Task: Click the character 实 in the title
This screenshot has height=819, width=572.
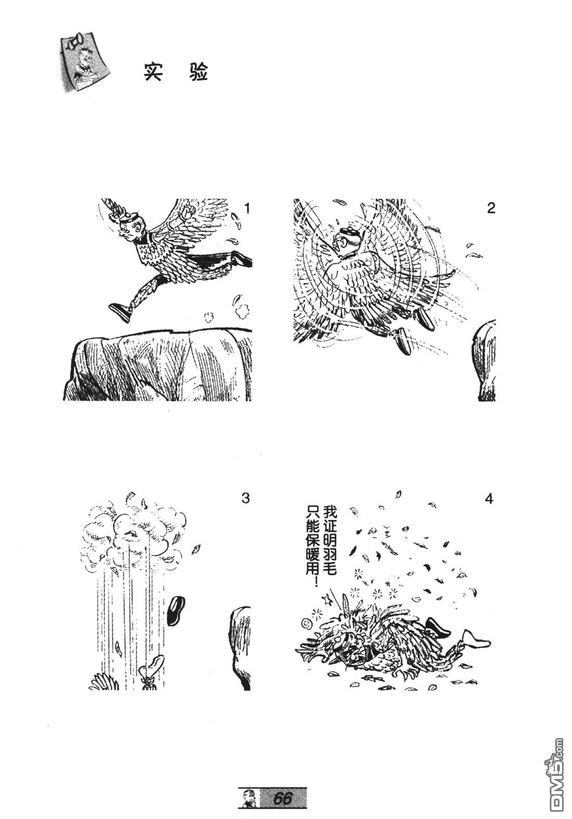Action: pos(152,72)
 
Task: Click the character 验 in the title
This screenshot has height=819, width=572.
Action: pos(198,72)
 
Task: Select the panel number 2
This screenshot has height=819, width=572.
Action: pos(491,208)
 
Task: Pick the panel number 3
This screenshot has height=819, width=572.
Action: pos(246,498)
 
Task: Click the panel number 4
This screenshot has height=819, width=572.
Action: pos(489,498)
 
